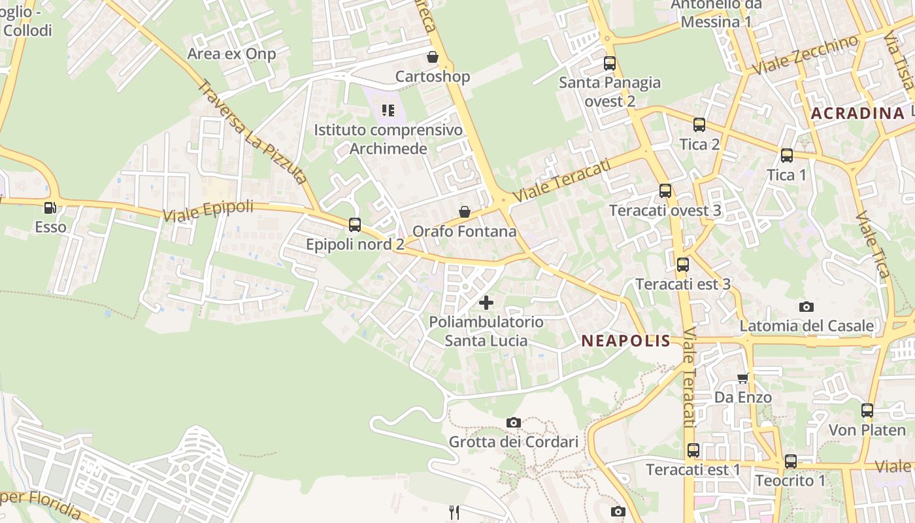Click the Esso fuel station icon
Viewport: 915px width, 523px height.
point(50,208)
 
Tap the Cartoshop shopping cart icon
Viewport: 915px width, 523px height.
point(432,57)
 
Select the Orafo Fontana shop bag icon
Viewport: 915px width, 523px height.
point(464,212)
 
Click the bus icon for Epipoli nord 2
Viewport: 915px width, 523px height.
point(354,225)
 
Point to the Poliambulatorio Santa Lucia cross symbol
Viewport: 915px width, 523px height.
point(486,302)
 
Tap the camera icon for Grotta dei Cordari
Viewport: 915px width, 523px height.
point(514,422)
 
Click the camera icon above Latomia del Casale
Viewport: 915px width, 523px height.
point(806,307)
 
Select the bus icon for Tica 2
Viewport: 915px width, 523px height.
point(699,125)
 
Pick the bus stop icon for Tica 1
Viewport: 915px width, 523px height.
point(787,156)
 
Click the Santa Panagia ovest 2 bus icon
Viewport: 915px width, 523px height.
point(610,63)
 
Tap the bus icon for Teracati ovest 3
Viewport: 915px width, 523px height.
point(665,191)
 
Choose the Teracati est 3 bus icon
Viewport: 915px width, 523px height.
point(683,265)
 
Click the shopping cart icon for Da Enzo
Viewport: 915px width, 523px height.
point(742,378)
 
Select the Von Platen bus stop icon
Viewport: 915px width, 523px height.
point(867,411)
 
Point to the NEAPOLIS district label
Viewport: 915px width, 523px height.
point(625,341)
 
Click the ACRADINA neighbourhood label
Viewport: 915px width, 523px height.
point(857,113)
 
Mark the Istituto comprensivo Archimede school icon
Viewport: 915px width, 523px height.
point(388,110)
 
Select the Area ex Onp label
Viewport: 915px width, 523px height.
point(231,54)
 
